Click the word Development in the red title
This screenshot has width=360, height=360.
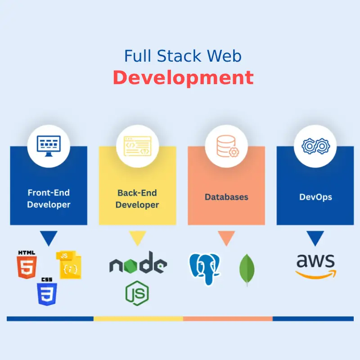point(183,78)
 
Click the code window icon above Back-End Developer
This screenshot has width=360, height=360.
point(138,145)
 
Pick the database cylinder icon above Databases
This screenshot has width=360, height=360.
point(226,145)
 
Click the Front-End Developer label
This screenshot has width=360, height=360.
point(49,198)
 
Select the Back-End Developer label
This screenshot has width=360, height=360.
point(137,198)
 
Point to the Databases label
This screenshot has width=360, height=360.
point(226,197)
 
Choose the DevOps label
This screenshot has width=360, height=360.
point(315,197)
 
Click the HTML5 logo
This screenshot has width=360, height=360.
point(26,265)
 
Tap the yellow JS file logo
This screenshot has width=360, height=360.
point(68,265)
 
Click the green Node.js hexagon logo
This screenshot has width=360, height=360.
point(137,292)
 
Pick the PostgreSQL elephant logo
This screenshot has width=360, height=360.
point(206,269)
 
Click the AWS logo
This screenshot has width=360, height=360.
point(315,265)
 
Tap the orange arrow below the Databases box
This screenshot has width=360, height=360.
point(226,238)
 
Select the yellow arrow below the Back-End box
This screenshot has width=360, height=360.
point(137,238)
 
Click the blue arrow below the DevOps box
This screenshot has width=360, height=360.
point(315,238)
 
